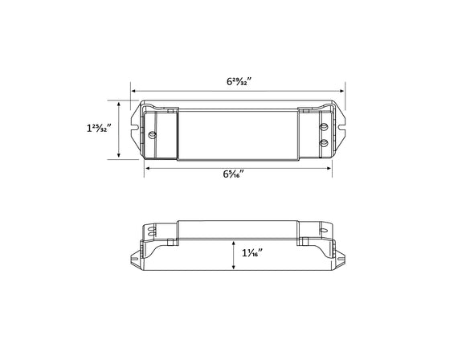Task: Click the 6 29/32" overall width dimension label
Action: coord(238,82)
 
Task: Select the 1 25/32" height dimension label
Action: coord(98,129)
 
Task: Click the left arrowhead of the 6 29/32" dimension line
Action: coord(134,92)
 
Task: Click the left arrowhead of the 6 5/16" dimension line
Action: coord(147,167)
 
